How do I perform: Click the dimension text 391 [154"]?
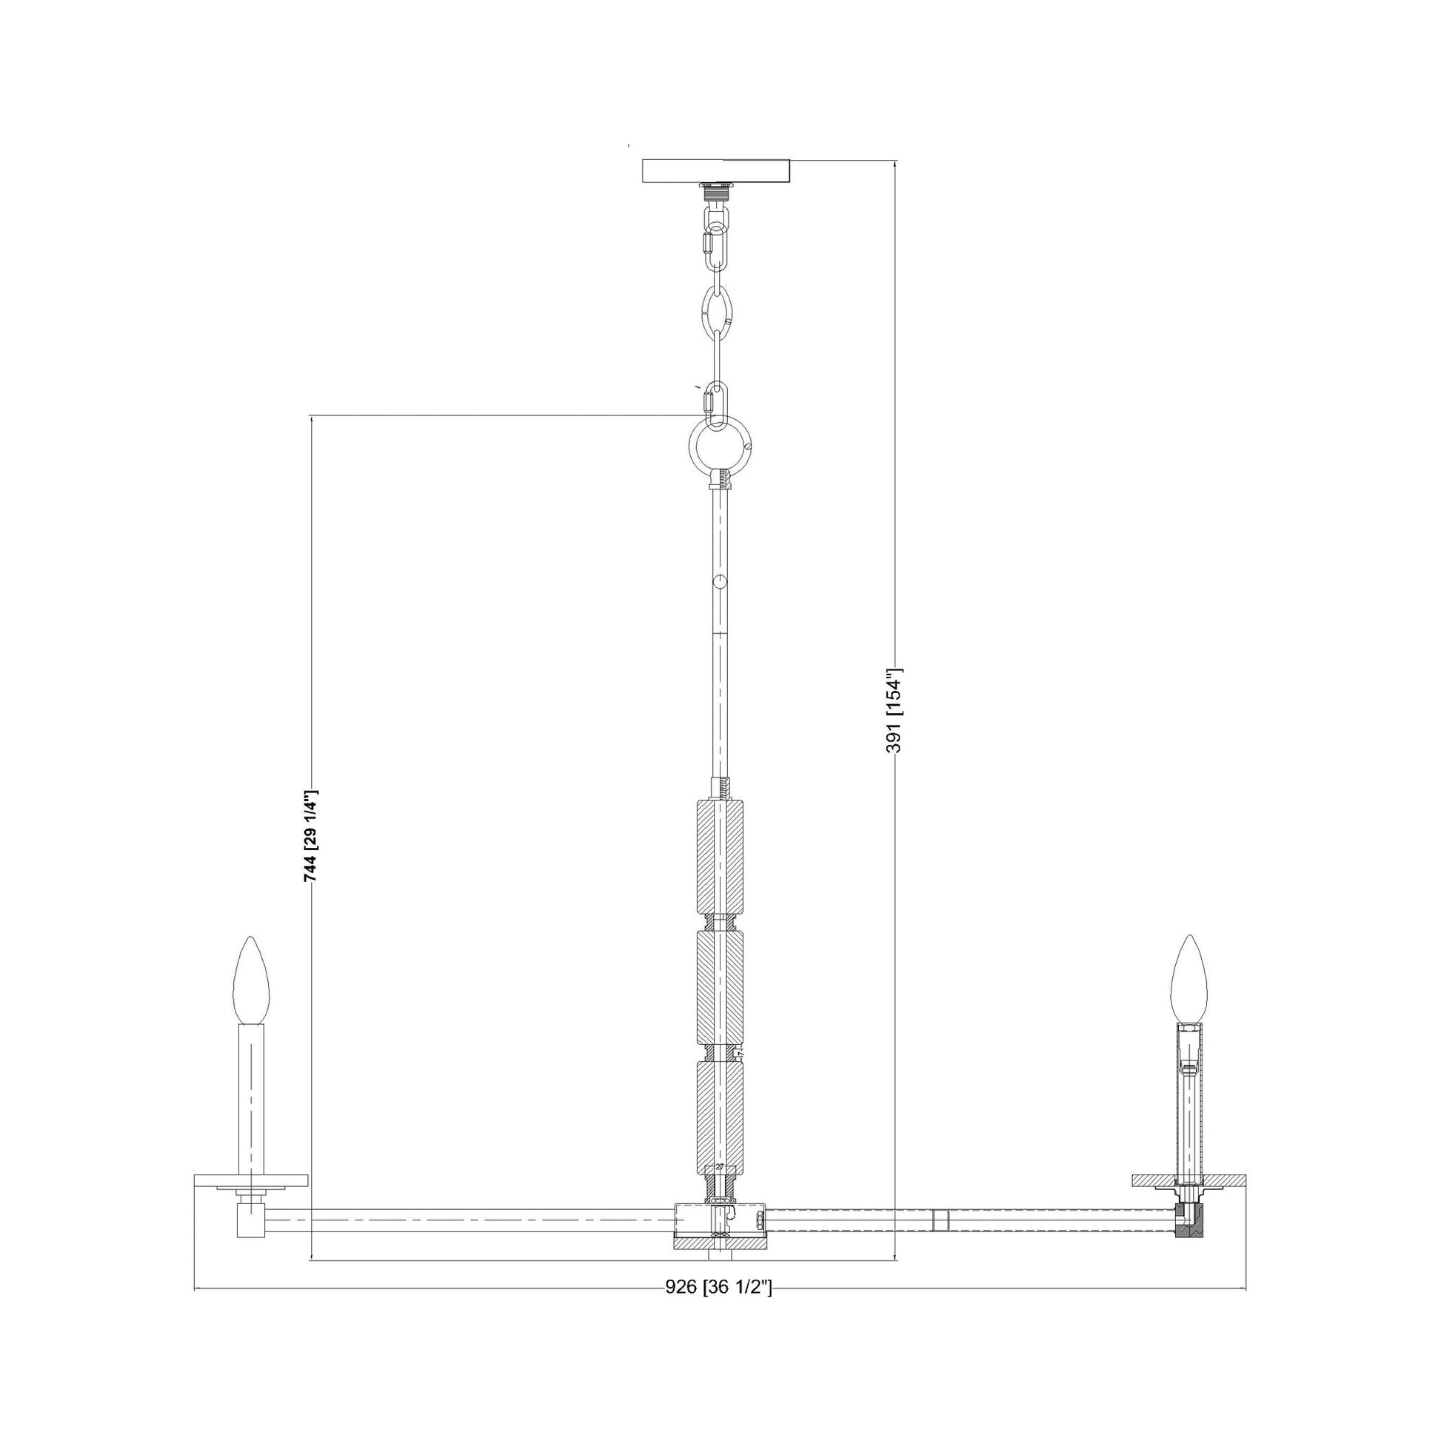[x=895, y=710]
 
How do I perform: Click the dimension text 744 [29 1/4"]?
[x=311, y=836]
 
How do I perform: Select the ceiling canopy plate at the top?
[x=716, y=171]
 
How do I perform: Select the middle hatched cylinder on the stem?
[x=720, y=989]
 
